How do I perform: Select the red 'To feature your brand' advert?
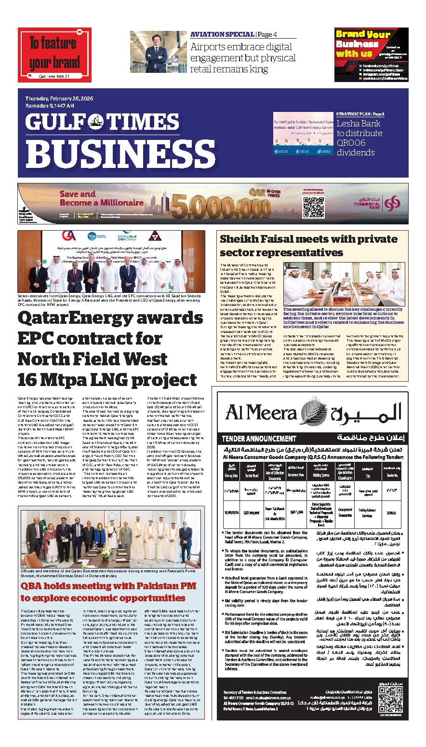(x=54, y=54)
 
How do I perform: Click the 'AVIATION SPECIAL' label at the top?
(x=221, y=34)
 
